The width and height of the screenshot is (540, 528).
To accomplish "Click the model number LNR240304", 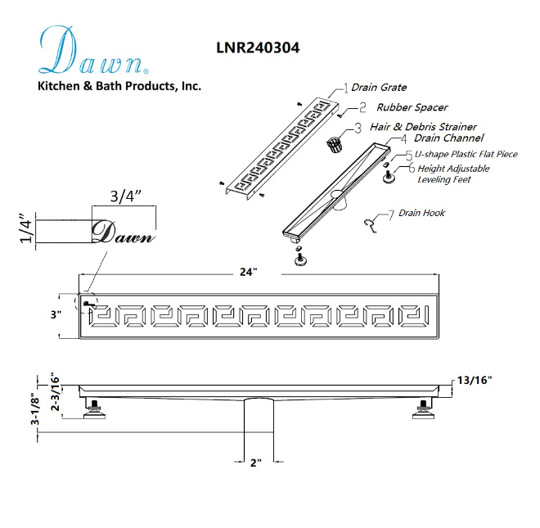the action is click(x=258, y=47).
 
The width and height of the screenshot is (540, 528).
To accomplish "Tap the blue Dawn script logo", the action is click(x=93, y=50).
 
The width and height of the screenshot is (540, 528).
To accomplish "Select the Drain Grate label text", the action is click(x=379, y=88).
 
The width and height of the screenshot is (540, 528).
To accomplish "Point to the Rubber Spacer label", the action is click(x=412, y=107).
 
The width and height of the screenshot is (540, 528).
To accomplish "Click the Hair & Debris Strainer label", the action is click(x=423, y=127).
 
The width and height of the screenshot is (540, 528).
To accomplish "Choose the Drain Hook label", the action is click(x=421, y=213).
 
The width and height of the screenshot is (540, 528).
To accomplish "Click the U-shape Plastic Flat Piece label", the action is click(x=466, y=154).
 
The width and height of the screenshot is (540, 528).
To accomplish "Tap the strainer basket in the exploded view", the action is click(x=335, y=144).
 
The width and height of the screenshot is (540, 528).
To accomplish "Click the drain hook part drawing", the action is click(x=370, y=225).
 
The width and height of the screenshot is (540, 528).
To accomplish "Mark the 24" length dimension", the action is click(x=249, y=273).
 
